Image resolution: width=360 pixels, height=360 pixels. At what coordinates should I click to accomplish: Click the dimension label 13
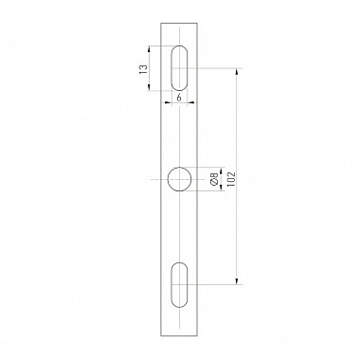(x=144, y=69)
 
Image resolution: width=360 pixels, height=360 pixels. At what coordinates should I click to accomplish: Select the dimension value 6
(x=179, y=98)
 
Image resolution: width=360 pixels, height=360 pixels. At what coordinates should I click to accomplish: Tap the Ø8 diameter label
(x=214, y=179)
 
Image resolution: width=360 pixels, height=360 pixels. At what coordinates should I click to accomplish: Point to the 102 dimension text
(x=231, y=179)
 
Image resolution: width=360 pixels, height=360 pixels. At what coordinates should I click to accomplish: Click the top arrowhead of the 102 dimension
(x=237, y=72)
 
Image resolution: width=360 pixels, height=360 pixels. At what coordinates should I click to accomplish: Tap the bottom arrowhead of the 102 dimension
(x=237, y=281)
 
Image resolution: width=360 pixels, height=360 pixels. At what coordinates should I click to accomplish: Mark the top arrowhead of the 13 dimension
(x=149, y=49)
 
